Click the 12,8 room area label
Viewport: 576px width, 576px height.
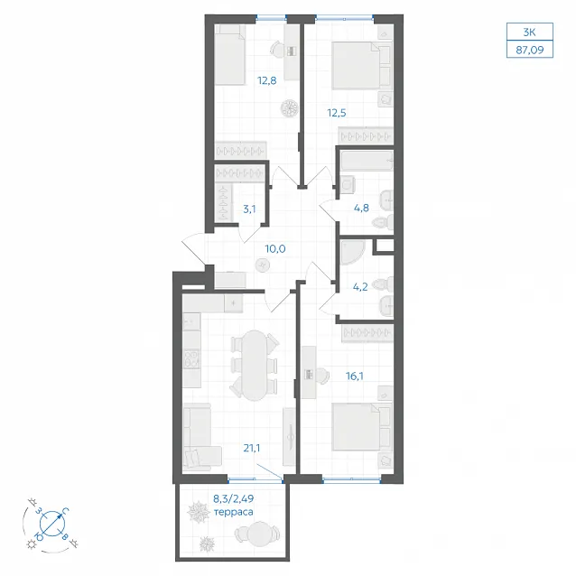tap(267, 80)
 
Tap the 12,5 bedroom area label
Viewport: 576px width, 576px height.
tap(337, 113)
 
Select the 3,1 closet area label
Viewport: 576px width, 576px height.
tap(249, 209)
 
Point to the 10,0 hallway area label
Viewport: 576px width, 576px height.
tap(275, 249)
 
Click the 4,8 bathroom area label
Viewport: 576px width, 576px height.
tap(361, 209)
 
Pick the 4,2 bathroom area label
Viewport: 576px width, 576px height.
tap(360, 287)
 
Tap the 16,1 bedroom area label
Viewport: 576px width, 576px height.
tap(355, 376)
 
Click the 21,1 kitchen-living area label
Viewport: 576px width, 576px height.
tap(252, 448)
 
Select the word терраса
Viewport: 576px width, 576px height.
tap(233, 512)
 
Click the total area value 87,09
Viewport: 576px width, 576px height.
tap(530, 50)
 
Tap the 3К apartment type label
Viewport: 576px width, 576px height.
tap(530, 33)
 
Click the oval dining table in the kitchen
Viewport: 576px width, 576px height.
tap(255, 365)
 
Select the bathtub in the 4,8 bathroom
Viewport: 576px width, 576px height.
tap(367, 161)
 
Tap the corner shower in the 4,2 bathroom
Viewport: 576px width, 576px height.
tap(353, 253)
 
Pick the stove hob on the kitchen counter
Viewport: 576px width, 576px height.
tap(191, 358)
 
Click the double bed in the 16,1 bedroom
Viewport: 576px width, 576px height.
tap(362, 427)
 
